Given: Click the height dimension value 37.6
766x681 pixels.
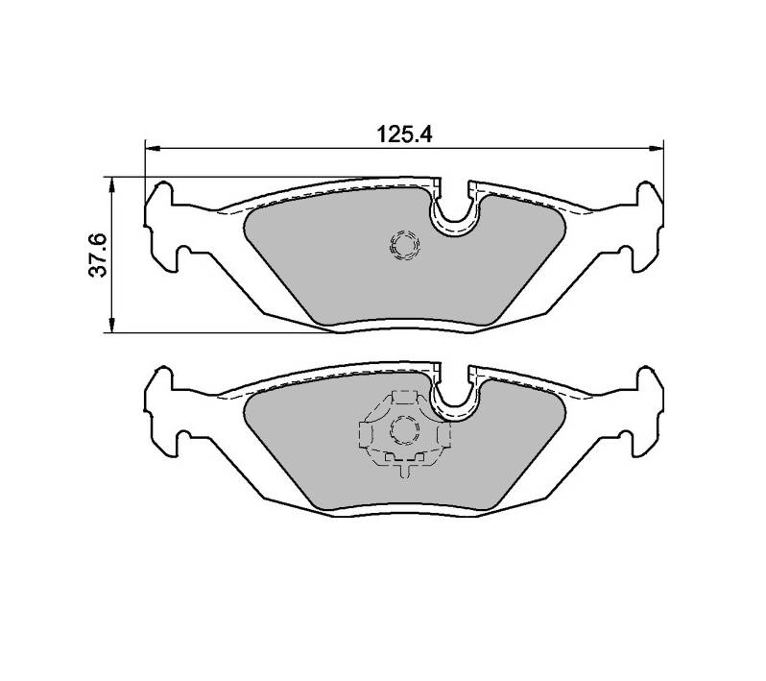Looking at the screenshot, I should tap(96, 255).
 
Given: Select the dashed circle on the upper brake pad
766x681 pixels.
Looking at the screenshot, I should tap(404, 247).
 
